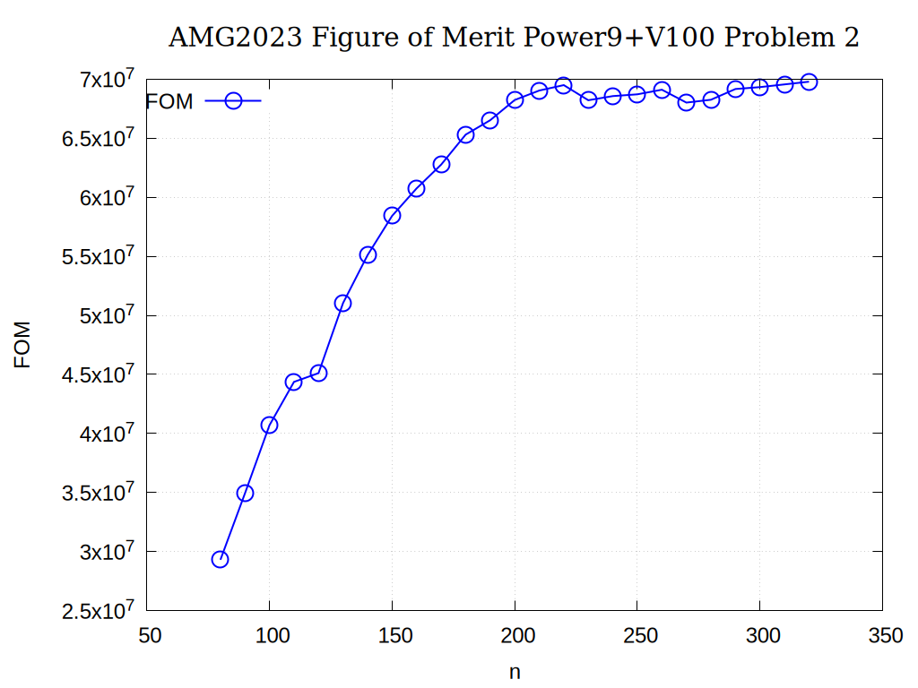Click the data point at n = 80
click(x=220, y=559)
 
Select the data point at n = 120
click(x=318, y=373)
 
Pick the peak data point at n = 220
click(x=564, y=86)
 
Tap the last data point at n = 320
click(x=809, y=82)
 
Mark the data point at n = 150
click(x=392, y=215)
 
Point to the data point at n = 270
click(x=687, y=102)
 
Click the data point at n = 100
click(x=269, y=425)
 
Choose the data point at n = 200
click(x=515, y=99)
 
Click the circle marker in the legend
click(x=233, y=101)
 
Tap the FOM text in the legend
click(x=169, y=102)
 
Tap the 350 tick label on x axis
click(x=882, y=636)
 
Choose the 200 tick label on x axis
click(x=515, y=636)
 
